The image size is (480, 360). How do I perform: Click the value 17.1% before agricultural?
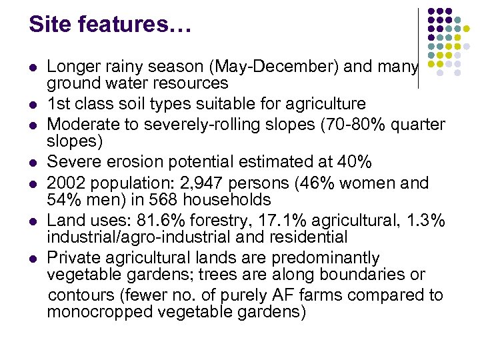tap(277, 221)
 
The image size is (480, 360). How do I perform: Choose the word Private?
tap(72, 258)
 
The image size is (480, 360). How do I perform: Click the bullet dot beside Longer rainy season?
tap(32, 67)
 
